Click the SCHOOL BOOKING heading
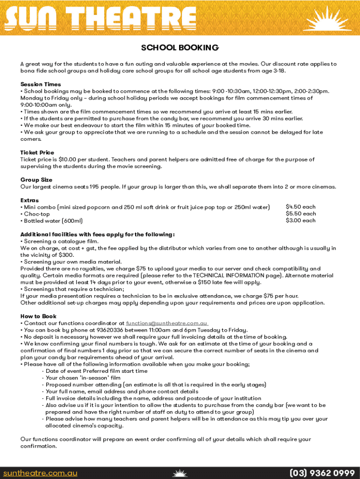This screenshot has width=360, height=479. coord(180,48)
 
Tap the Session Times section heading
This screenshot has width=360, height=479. coord(41,84)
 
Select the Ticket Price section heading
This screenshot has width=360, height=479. coord(37,152)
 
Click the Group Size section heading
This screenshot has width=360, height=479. coord(36,180)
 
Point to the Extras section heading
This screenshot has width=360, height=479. coord(29,200)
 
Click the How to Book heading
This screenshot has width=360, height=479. coord(38,316)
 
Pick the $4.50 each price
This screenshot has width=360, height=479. coord(301,207)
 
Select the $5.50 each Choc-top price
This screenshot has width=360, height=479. coord(301,214)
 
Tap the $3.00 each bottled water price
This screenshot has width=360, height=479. coord(301,221)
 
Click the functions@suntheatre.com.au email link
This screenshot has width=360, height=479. coord(167,323)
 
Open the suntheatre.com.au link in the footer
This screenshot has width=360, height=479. coord(40,473)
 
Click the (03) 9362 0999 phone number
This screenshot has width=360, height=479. coord(322,473)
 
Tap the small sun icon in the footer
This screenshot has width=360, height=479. coord(180,473)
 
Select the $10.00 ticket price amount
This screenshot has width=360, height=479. coord(68,160)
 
